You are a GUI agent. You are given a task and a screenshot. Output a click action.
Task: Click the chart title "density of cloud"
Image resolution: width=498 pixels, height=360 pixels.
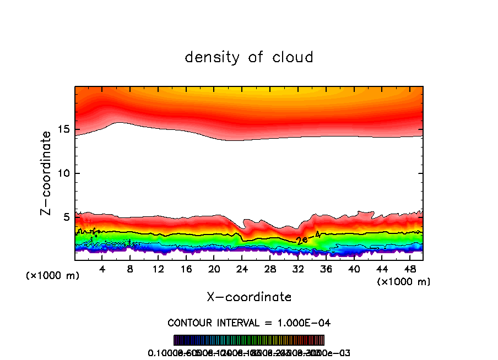[249, 57]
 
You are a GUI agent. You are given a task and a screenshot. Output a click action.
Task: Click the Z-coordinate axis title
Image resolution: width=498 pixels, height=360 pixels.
[47, 172]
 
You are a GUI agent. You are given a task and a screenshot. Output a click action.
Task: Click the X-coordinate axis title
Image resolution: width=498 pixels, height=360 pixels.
[249, 297]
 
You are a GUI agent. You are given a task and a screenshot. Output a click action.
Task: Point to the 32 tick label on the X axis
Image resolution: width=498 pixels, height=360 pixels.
[298, 269]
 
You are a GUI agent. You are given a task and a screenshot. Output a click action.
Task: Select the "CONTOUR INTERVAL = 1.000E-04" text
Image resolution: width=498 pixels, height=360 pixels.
[249, 323]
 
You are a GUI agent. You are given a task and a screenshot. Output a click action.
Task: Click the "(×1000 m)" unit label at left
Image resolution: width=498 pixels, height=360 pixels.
[53, 275]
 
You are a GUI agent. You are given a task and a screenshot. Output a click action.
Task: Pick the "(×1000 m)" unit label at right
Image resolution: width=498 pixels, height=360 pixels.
[404, 281]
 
